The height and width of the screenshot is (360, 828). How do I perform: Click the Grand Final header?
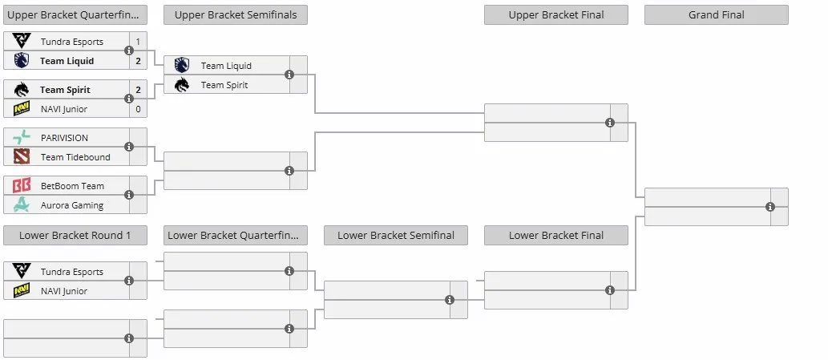(716, 14)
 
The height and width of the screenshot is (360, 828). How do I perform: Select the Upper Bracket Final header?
(556, 14)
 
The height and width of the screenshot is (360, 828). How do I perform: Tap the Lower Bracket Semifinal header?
(395, 236)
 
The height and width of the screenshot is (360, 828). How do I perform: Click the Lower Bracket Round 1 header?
(75, 236)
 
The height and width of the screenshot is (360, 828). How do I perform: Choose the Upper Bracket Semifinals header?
(236, 14)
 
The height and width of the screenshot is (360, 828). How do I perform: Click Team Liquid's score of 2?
(139, 61)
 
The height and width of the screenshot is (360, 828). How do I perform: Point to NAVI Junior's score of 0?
(139, 109)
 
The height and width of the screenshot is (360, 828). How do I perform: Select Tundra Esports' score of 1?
(139, 42)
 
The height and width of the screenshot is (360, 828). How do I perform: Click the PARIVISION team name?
(64, 138)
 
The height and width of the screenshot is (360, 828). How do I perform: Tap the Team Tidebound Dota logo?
(22, 157)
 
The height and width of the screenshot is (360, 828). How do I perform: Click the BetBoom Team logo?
(22, 186)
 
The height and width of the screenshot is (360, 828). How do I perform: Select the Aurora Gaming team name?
(72, 205)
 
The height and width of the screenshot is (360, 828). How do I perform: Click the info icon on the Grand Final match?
(770, 207)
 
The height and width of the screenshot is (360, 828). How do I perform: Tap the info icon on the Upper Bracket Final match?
(610, 123)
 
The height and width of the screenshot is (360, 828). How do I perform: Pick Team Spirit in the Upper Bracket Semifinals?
(224, 85)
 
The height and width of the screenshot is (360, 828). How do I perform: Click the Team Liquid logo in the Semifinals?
(182, 66)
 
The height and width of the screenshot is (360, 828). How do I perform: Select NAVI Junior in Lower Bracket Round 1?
(64, 291)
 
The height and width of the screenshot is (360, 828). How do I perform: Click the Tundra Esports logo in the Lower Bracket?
(22, 271)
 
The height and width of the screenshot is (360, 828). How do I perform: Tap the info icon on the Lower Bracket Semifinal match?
(450, 300)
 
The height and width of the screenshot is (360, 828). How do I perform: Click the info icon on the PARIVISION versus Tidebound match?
(129, 147)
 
